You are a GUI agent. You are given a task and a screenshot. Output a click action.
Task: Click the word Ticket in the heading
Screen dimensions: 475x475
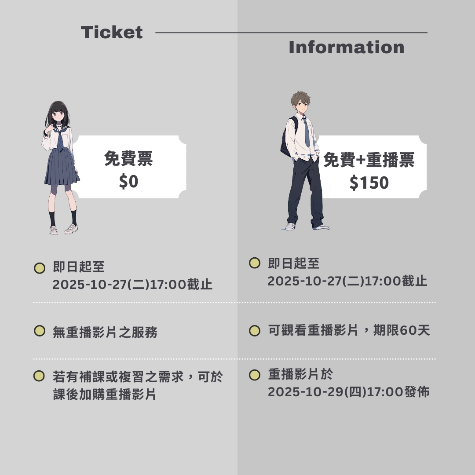pyautogui.click(x=112, y=32)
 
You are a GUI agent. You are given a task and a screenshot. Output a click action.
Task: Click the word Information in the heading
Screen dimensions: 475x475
pyautogui.click(x=347, y=47)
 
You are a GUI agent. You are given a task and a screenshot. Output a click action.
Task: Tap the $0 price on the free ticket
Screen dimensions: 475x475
pyautogui.click(x=128, y=182)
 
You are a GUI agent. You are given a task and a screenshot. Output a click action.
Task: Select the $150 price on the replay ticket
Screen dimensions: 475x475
pyautogui.click(x=369, y=183)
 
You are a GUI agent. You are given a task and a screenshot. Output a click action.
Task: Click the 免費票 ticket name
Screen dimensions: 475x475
pyautogui.click(x=128, y=158)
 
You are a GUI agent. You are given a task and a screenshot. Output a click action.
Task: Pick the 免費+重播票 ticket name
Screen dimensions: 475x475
pyautogui.click(x=369, y=160)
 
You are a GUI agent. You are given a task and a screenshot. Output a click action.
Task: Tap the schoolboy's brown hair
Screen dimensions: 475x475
pyautogui.click(x=300, y=98)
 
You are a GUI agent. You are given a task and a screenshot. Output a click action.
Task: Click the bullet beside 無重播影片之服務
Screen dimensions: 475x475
pyautogui.click(x=40, y=331)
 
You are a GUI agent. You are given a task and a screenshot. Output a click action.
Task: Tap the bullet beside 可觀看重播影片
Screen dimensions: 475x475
pyautogui.click(x=255, y=331)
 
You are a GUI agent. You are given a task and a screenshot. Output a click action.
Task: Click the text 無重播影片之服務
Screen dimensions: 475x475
pyautogui.click(x=105, y=332)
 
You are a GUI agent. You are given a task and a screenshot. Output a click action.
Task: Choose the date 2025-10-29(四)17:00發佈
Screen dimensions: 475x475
pyautogui.click(x=349, y=392)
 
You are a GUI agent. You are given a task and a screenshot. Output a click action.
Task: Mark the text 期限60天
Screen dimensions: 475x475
pyautogui.click(x=402, y=330)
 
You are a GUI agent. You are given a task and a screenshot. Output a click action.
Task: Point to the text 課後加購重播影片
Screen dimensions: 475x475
pyautogui.click(x=105, y=395)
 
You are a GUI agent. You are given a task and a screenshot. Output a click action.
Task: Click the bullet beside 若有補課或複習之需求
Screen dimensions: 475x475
pyautogui.click(x=39, y=376)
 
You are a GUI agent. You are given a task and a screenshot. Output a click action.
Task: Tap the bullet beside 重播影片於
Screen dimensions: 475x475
pyautogui.click(x=255, y=375)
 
